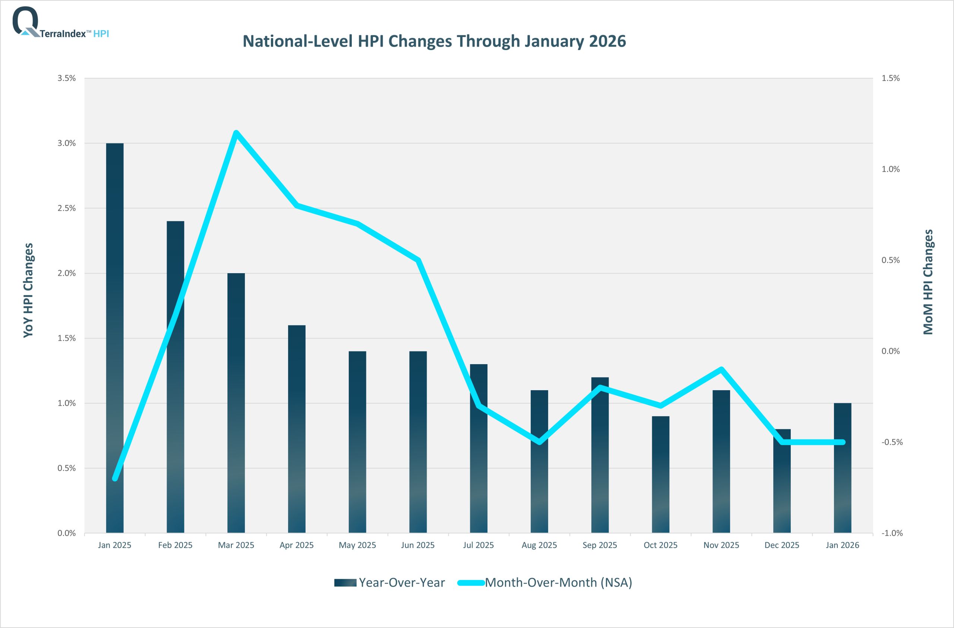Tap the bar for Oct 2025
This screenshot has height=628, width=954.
[660, 477]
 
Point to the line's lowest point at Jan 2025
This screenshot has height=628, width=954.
[115, 478]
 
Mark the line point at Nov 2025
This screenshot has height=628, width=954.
[721, 369]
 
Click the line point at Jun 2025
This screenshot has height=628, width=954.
[418, 260]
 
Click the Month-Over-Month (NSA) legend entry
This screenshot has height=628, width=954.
[545, 582]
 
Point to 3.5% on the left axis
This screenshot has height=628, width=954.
[67, 78]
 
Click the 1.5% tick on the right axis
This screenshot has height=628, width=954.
[890, 78]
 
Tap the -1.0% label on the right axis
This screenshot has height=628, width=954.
[892, 533]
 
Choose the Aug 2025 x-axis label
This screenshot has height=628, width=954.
[539, 545]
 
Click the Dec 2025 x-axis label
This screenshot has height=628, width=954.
[781, 545]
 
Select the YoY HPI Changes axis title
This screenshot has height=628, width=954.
[28, 290]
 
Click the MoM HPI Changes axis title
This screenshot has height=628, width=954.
[928, 282]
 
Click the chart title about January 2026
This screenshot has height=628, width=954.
[434, 41]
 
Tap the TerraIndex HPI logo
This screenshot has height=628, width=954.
[60, 23]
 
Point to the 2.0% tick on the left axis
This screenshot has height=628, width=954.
[67, 273]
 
